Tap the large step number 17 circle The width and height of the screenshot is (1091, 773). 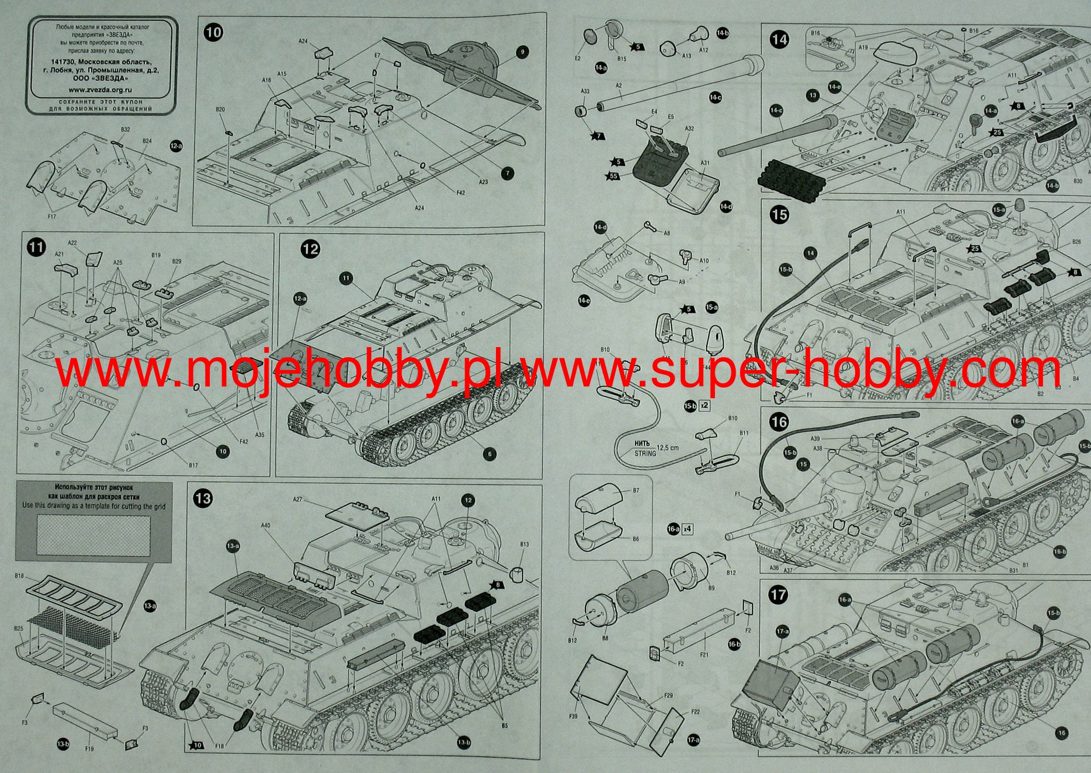point(778,594)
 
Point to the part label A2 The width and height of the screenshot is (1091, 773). point(618,85)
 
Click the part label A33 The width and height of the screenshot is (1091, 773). point(584,91)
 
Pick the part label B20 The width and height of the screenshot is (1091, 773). point(220,109)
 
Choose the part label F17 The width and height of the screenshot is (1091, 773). point(52,217)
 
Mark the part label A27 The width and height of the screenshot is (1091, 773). point(297,499)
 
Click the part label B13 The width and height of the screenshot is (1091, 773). point(524,544)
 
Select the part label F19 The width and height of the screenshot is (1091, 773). point(89,749)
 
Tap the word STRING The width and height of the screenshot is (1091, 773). point(645,454)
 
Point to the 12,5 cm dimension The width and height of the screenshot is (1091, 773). point(668,448)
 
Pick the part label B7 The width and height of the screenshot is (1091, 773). point(636,490)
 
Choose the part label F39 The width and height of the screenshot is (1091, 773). point(573,716)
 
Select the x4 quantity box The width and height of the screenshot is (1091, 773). point(688,529)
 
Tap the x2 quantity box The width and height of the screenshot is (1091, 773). point(704,406)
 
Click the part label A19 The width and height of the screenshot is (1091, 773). point(863,47)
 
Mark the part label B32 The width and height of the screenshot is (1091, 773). point(125,129)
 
